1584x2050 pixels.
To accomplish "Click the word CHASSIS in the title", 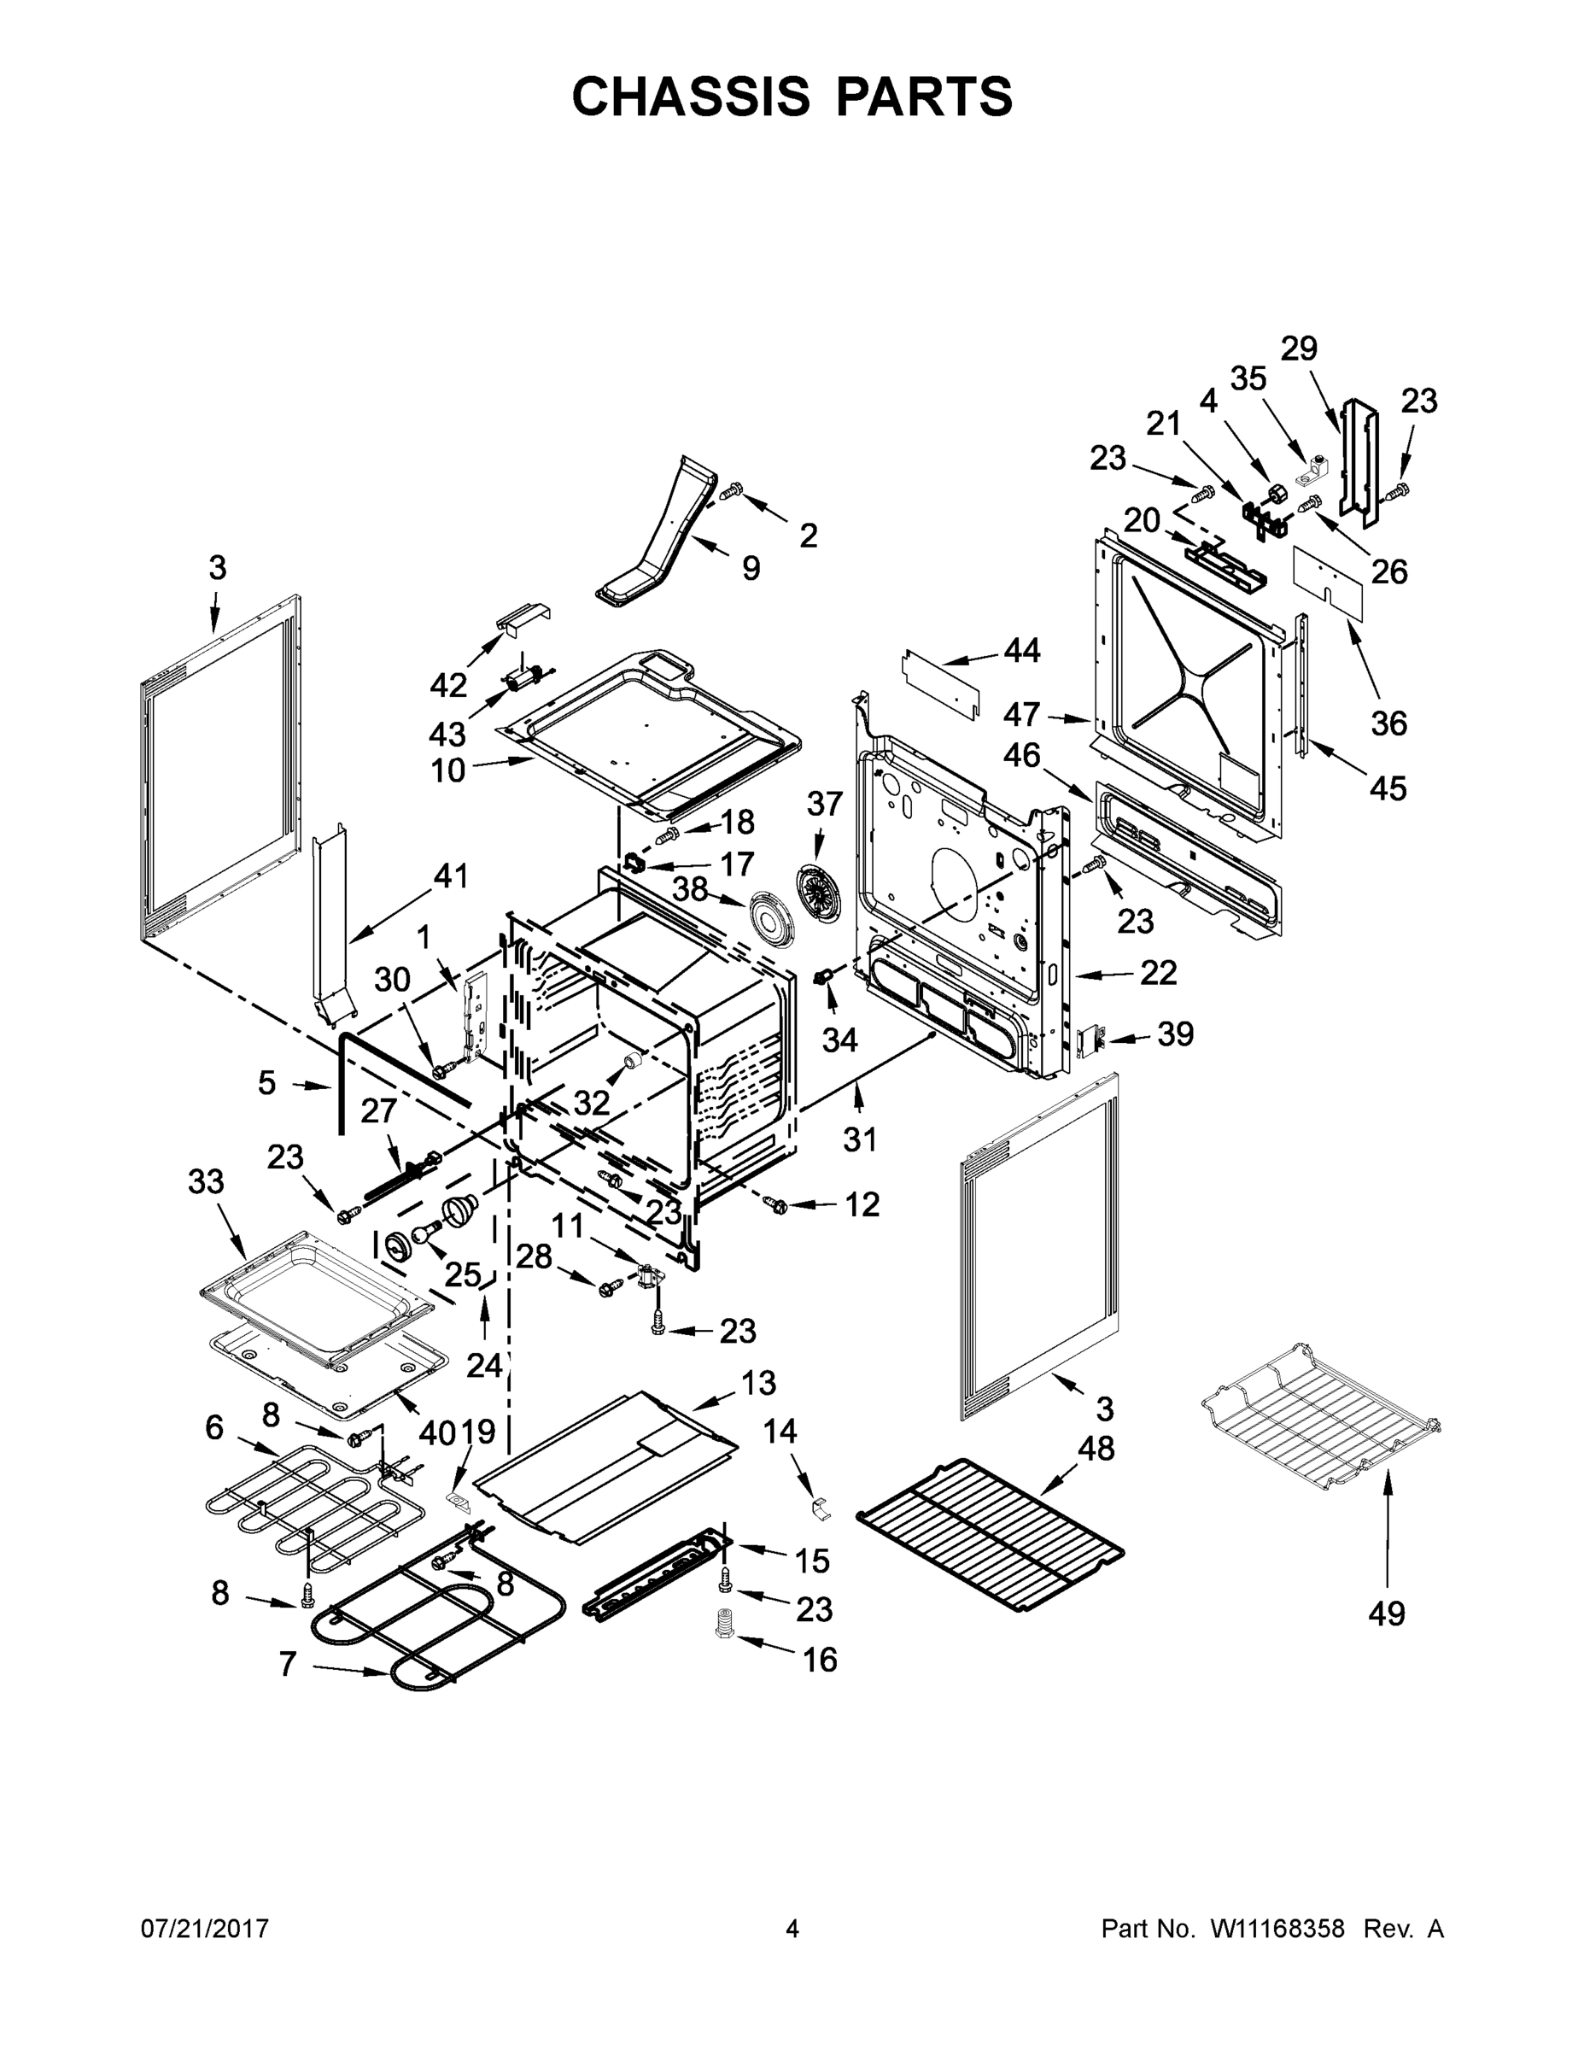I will click(x=691, y=96).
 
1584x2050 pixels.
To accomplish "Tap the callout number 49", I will click(x=1386, y=1614).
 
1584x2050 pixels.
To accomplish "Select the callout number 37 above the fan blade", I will click(x=825, y=804).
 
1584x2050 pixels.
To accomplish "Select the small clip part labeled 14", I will click(x=819, y=1508).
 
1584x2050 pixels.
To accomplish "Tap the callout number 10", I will click(x=447, y=770).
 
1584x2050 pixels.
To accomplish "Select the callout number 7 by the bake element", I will click(x=288, y=1663).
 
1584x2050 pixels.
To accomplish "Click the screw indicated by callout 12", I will click(x=776, y=1204).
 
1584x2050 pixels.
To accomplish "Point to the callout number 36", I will click(x=1388, y=723).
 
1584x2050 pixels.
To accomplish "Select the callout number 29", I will click(x=1300, y=348).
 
